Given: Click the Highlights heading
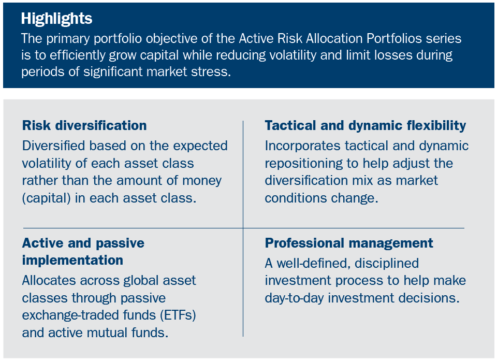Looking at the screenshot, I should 56,19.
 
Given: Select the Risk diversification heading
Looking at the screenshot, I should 84,125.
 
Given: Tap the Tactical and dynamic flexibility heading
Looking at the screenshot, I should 365,125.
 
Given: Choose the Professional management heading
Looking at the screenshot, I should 349,243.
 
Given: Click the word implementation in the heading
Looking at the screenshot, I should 72,260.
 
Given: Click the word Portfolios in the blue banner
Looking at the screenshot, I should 377,38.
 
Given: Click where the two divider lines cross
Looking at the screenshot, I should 243,228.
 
